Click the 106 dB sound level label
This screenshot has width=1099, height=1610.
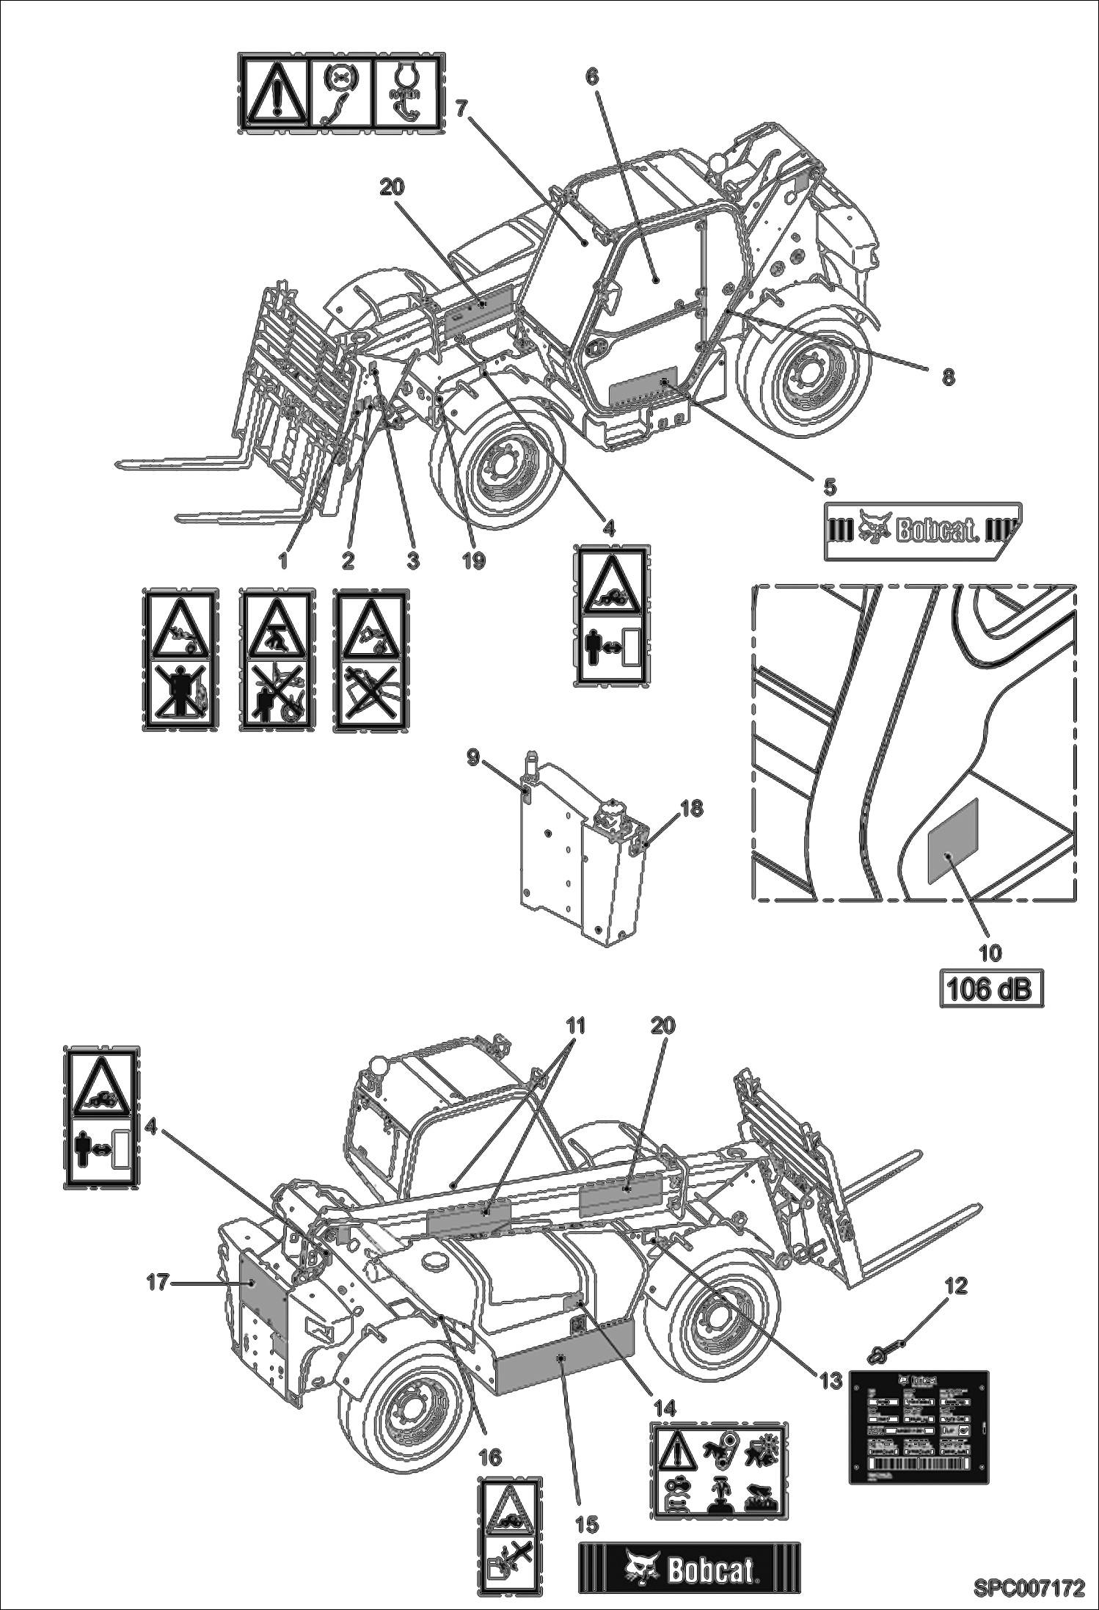coord(992,989)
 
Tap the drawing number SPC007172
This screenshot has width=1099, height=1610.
coord(1028,1588)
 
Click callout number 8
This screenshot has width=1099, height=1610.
coord(948,377)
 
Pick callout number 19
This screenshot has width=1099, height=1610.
coord(474,561)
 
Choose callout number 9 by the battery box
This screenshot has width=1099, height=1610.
coord(473,757)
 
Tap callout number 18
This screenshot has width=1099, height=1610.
coord(691,808)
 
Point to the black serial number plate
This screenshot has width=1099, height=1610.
coord(919,1426)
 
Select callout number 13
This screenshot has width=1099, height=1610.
coord(830,1380)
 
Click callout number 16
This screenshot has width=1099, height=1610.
coord(490,1456)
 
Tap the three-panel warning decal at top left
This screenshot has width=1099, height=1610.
coord(340,93)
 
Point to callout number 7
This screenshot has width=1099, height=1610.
coord(461,108)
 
